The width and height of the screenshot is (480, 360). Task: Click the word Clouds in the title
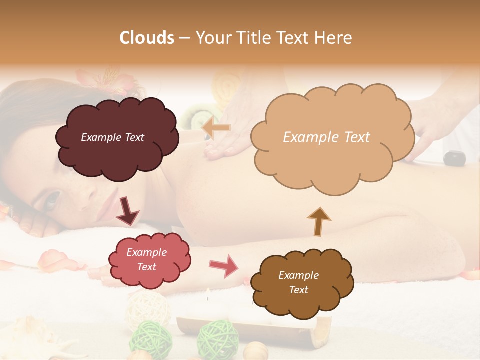point(147,38)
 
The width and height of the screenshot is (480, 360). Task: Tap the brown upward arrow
point(318,221)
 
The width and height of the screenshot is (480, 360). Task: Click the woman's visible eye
point(51,200)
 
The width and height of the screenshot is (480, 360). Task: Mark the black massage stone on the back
point(455,158)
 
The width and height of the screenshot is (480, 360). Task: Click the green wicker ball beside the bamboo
point(217,337)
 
